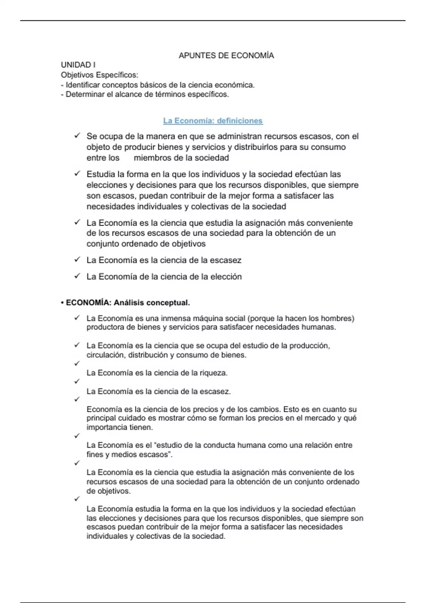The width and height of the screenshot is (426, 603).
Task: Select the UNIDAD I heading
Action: pos(78,65)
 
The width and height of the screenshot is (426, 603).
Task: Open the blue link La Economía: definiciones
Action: pos(213,121)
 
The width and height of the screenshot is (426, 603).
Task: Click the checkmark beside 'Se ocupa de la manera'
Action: pos(77,136)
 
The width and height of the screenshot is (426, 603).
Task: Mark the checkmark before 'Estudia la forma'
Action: pos(77,174)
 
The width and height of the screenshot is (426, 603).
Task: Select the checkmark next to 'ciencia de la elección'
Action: pos(77,276)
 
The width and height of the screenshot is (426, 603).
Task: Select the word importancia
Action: pos(102,427)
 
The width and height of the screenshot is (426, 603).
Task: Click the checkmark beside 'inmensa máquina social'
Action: pos(77,318)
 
